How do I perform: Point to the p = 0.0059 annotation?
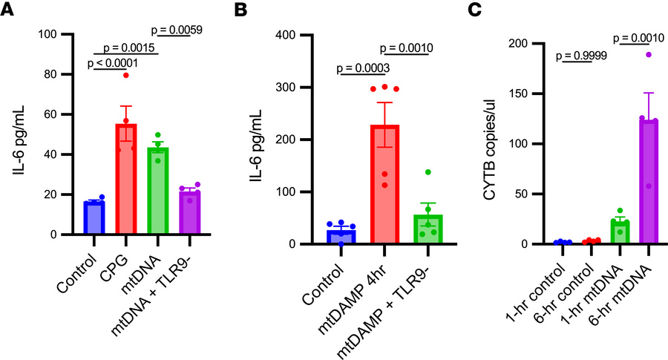pyautogui.click(x=177, y=30)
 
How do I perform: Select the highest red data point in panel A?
pyautogui.click(x=127, y=75)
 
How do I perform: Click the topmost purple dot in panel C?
pyautogui.click(x=649, y=54)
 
